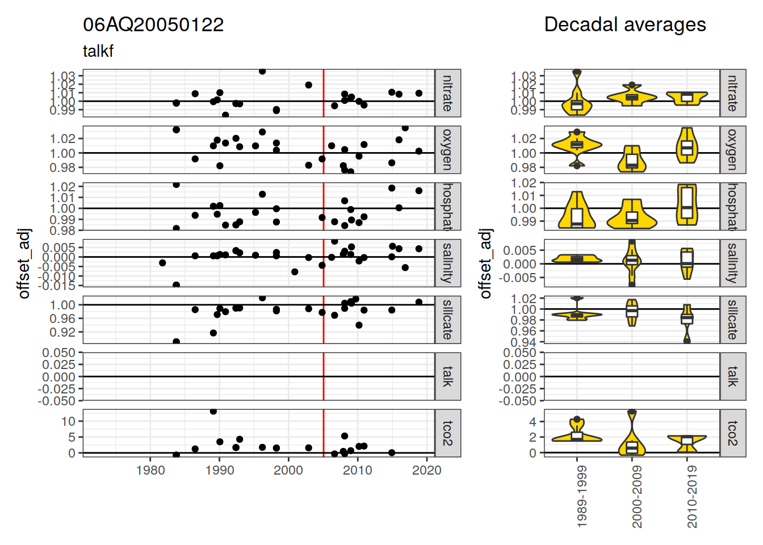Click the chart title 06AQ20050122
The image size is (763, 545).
click(153, 25)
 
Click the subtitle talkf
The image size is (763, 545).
click(98, 51)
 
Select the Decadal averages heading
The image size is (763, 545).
click(624, 25)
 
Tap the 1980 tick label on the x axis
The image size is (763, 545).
click(150, 470)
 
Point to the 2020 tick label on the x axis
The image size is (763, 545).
click(426, 470)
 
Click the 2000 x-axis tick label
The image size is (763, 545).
click(288, 470)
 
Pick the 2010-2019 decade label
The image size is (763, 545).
click(692, 497)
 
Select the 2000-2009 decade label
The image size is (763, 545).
click(637, 497)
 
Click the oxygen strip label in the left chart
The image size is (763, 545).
click(447, 150)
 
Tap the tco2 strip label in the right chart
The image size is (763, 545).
click(732, 433)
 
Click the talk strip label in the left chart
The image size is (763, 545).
click(447, 376)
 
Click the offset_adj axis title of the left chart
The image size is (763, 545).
click(24, 263)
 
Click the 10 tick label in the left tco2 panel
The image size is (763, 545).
click(68, 421)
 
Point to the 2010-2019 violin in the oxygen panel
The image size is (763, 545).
click(687, 146)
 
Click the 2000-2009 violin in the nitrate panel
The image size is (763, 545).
click(632, 97)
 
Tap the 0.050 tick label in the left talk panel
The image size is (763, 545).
click(58, 353)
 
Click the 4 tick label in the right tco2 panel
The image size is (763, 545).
click(533, 422)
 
